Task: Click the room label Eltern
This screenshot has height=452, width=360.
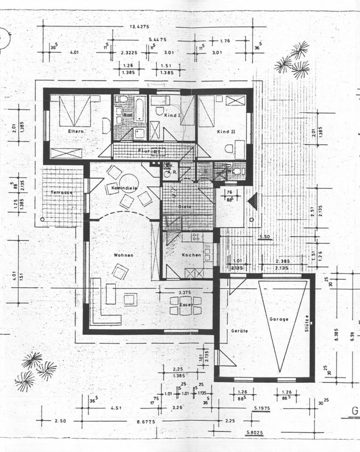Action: (x=75, y=131)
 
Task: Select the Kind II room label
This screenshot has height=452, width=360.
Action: (x=226, y=132)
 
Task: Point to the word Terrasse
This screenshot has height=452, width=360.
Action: (x=62, y=193)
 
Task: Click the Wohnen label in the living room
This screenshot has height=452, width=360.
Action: (x=123, y=255)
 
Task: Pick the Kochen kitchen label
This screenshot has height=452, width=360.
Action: (x=191, y=255)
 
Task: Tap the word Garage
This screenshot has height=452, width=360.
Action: (x=278, y=319)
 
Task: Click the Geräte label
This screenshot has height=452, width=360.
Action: (x=239, y=331)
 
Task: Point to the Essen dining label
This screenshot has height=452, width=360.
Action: (x=187, y=305)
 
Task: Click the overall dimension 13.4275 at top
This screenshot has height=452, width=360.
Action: (x=139, y=26)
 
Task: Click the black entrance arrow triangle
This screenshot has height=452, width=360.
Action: (x=253, y=202)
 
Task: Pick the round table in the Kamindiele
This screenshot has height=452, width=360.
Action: (x=128, y=182)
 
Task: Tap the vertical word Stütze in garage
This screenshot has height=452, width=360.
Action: (x=307, y=323)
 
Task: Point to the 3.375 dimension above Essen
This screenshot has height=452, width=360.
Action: (x=185, y=292)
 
